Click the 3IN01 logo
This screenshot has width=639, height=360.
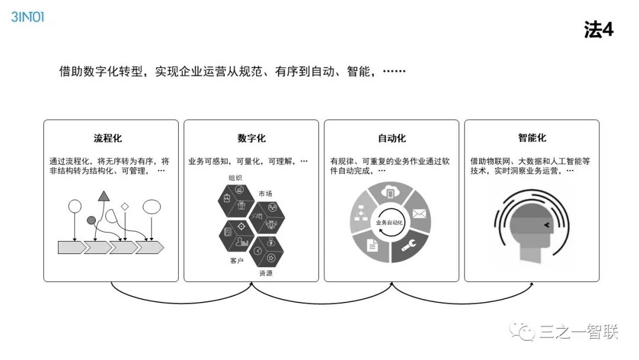pos(27,17)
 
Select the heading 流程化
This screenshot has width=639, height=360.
pos(108,139)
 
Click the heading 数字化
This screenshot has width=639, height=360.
pos(251,139)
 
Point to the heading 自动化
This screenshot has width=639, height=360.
pos(392,139)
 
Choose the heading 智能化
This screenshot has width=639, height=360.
pos(532,139)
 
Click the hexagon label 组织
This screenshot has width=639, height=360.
pos(235,178)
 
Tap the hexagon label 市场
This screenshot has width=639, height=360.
pos(266,194)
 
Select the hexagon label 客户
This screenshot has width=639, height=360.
pos(237,261)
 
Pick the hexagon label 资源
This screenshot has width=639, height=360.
pos(266,274)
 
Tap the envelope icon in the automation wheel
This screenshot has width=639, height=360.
pos(419,214)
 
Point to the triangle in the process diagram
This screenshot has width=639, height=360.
pos(105,196)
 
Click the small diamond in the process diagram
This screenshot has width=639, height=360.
pos(125,207)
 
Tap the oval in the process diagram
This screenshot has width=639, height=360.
pos(152,207)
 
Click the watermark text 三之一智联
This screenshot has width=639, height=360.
pos(579,333)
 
